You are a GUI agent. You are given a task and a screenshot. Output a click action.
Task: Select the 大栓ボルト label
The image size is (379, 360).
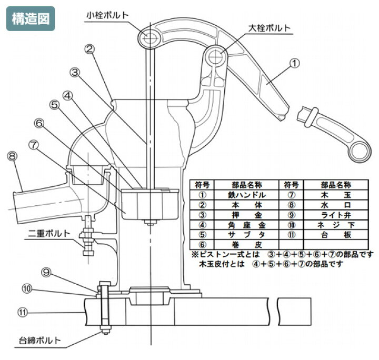pos(268,28)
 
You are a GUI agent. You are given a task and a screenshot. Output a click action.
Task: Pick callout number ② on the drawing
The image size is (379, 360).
pos(89,49)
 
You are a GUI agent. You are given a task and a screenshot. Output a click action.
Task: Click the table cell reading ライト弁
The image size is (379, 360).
pos(336,216)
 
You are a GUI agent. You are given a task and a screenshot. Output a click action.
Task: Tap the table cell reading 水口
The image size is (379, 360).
pos(336,205)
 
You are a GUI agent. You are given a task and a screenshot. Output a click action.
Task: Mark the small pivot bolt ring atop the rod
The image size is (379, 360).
pos(151,35)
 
